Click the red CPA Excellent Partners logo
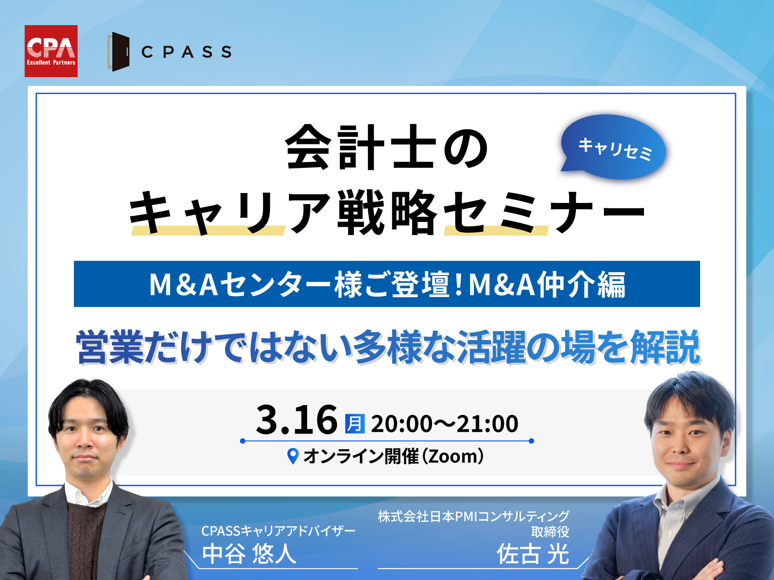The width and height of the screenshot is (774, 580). click(x=51, y=51)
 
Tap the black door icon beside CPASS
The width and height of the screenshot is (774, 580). click(x=119, y=52)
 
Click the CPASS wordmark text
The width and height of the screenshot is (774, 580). click(x=186, y=52)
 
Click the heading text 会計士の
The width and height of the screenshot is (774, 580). click(x=387, y=148)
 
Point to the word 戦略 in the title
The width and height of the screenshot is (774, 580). click(x=387, y=212)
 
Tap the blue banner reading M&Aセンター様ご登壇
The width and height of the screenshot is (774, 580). click(x=387, y=284)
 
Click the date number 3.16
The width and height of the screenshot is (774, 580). click(x=297, y=420)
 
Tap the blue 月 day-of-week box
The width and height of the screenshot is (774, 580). click(x=355, y=424)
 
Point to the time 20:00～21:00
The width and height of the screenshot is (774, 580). click(x=445, y=424)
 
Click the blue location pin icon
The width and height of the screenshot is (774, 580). click(x=293, y=456)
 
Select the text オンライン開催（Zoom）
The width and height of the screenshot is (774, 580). click(x=394, y=456)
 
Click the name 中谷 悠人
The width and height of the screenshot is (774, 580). click(x=249, y=554)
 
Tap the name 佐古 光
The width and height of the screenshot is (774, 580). click(x=533, y=554)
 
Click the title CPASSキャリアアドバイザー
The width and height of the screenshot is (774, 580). click(x=278, y=531)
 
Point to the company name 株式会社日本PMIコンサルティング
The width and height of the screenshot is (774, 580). click(x=473, y=516)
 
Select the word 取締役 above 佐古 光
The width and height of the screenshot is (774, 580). click(x=550, y=532)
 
